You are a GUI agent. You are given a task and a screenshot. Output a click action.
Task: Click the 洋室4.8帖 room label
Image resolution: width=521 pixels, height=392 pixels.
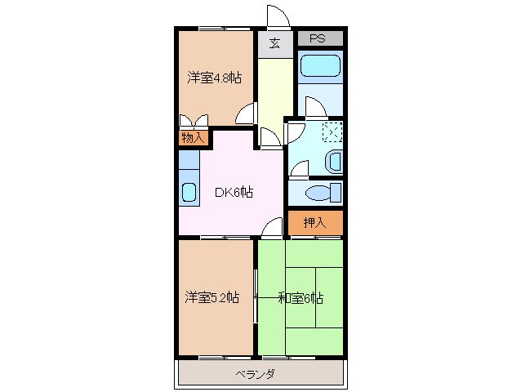tap(213, 78)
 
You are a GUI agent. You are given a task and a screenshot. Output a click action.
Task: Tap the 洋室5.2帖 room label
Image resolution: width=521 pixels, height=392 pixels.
tap(212, 297)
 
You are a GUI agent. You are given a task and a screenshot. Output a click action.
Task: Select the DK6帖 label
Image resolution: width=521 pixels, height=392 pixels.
tap(233, 193)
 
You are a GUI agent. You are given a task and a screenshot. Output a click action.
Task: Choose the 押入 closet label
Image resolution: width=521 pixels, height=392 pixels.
tap(314, 222)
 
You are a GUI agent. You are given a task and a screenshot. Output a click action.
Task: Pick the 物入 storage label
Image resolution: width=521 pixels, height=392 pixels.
tap(192, 137)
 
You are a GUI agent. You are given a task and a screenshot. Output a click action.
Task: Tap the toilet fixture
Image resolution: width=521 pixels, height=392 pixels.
tap(322, 193)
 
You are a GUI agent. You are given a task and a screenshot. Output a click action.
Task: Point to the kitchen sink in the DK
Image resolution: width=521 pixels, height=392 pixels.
tap(189, 194)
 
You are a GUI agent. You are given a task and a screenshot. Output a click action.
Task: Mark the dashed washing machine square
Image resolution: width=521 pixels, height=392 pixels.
tap(332, 132)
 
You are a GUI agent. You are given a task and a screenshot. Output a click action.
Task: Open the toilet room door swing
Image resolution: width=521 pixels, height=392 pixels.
tap(298, 169)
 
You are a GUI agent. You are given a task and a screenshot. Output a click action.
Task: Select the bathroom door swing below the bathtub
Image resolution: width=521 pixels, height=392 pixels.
tap(314, 106)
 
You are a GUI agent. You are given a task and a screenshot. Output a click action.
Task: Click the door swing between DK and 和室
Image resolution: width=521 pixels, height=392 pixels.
tap(272, 229)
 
